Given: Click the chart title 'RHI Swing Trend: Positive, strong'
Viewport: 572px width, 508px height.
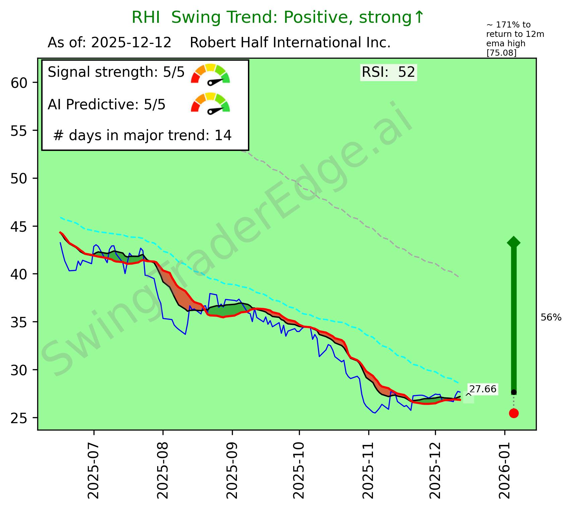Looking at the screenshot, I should (x=278, y=17).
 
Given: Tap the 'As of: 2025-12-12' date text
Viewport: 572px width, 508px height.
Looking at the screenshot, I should (x=110, y=43).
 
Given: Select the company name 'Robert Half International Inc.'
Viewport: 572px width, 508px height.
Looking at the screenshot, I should (x=290, y=43).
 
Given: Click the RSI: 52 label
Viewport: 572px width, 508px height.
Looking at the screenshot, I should (x=388, y=72).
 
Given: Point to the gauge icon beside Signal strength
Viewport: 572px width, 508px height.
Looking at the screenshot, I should (x=210, y=73).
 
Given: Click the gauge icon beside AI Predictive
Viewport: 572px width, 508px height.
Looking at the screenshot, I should (x=210, y=103).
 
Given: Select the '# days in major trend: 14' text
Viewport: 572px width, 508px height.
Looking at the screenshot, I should (x=142, y=135).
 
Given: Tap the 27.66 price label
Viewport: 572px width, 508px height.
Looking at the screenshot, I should (x=483, y=389).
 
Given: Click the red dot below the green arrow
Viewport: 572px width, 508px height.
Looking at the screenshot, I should (x=514, y=413).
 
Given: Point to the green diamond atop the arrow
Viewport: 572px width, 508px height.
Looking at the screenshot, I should (x=514, y=242).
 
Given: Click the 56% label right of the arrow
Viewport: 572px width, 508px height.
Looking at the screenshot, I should (x=551, y=318).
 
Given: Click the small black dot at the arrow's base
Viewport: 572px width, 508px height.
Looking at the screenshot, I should (x=514, y=392).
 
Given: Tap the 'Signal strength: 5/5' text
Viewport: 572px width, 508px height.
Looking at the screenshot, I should (x=116, y=72).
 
